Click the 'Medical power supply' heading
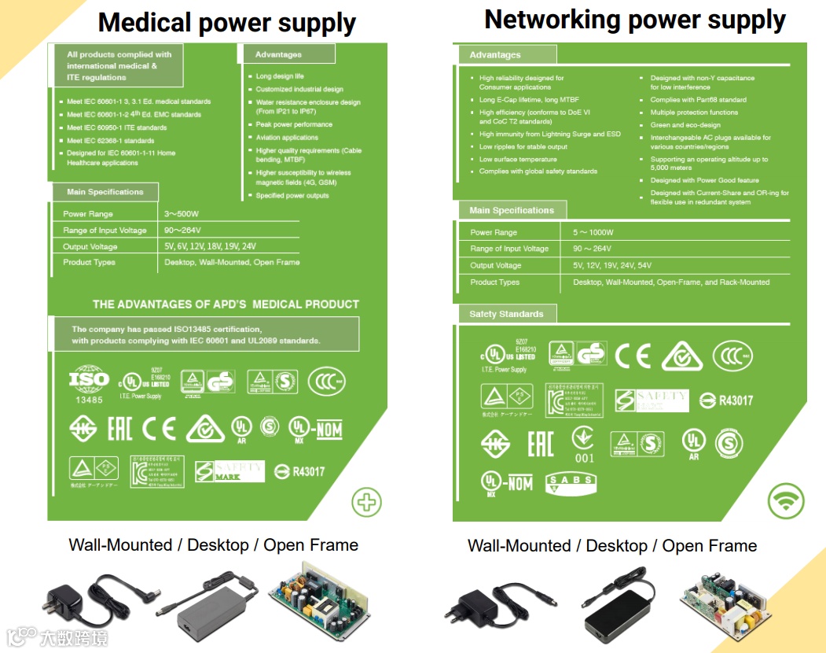pyautogui.click(x=226, y=23)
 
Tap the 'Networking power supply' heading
pyautogui.click(x=635, y=20)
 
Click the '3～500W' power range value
pyautogui.click(x=182, y=214)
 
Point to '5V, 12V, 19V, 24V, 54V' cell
pyautogui.click(x=611, y=266)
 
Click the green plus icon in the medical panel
pyautogui.click(x=366, y=502)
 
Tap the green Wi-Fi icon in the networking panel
pyautogui.click(x=786, y=500)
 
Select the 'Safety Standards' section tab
pyautogui.click(x=507, y=314)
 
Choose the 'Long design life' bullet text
pyautogui.click(x=280, y=77)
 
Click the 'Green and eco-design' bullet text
pyautogui.click(x=685, y=125)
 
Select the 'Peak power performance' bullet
pyautogui.click(x=294, y=124)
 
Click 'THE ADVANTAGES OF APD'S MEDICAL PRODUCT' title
pyautogui.click(x=226, y=304)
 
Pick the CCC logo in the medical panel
pyautogui.click(x=326, y=382)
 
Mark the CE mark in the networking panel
pyautogui.click(x=633, y=356)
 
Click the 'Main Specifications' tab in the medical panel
pyautogui.click(x=105, y=192)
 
